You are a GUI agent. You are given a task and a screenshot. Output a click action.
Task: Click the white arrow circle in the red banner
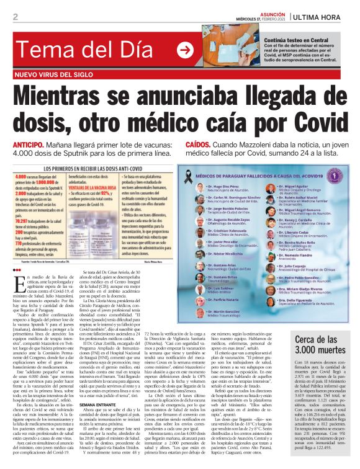point(185,51)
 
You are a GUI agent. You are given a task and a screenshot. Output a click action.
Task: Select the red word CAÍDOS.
point(200,144)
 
